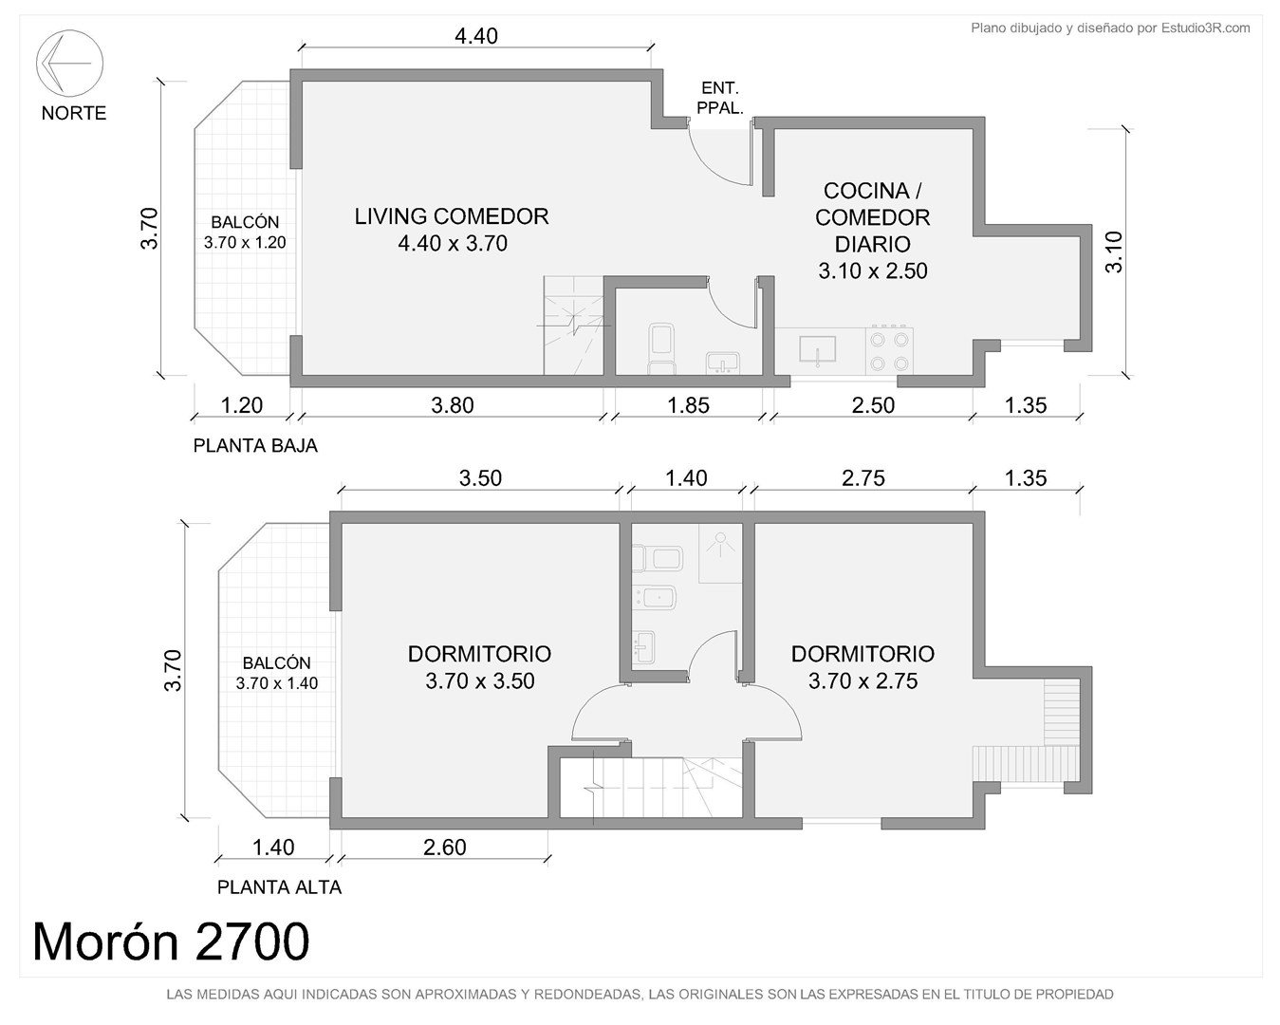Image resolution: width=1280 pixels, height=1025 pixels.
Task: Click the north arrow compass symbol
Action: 69,63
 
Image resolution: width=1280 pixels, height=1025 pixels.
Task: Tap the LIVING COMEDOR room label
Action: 452,230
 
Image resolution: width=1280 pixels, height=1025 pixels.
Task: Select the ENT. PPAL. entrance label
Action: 719,98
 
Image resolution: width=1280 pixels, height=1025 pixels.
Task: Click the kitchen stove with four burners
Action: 889,350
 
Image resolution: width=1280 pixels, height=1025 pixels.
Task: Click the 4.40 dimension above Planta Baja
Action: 475,36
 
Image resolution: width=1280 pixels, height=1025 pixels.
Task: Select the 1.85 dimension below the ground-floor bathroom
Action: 688,405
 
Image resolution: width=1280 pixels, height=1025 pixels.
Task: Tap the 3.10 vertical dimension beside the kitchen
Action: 1114,252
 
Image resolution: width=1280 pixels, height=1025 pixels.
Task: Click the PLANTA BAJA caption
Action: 255,445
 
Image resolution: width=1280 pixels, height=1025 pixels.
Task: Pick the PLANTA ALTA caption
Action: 279,887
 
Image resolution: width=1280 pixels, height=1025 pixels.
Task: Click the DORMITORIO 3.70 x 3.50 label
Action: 479,667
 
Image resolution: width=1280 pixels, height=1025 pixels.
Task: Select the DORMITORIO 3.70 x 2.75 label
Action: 863,667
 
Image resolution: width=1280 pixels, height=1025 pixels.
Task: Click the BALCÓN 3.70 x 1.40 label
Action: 276,673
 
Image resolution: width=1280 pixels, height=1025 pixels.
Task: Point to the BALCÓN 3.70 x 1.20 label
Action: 245,232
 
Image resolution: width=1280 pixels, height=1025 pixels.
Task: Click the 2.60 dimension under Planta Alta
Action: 444,848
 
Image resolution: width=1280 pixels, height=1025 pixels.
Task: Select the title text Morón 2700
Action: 172,941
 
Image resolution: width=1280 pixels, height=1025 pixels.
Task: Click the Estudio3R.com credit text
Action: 1110,28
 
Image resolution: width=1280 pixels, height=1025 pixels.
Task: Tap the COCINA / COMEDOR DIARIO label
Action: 873,231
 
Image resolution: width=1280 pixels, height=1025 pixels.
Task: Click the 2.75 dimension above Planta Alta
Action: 863,478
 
